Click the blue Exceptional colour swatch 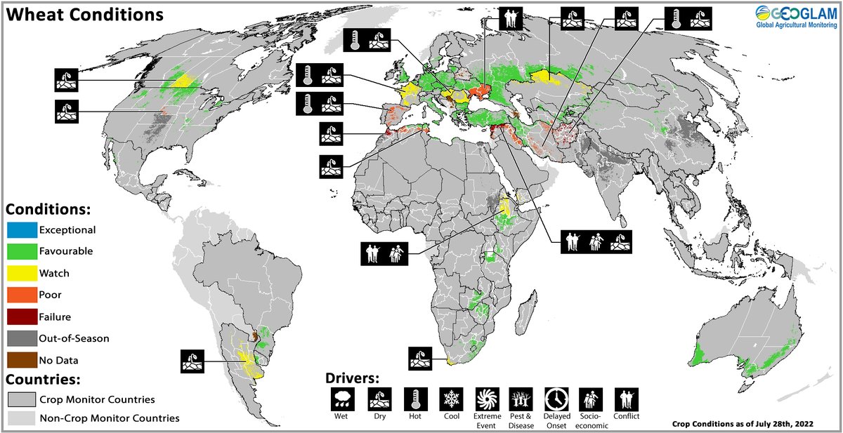[20, 229]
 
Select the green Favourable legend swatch [20, 251]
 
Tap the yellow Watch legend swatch [20, 273]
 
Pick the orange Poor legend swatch [20, 295]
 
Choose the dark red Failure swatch [20, 317]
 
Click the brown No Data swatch [20, 360]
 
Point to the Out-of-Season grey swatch [20, 338]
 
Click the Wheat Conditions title [85, 14]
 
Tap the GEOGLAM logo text [795, 13]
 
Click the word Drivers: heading [354, 376]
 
